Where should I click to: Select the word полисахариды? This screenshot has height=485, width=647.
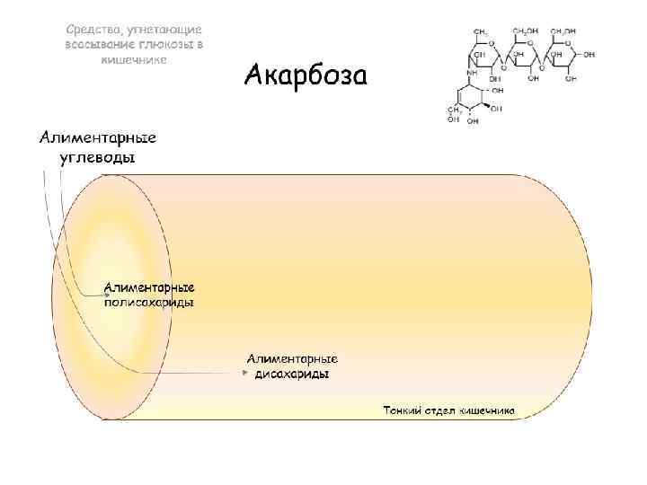click(150, 303)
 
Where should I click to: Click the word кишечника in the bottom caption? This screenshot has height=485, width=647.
click(486, 410)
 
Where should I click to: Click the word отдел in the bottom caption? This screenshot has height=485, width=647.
click(440, 410)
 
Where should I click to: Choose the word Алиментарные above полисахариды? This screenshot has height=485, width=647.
click(150, 287)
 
